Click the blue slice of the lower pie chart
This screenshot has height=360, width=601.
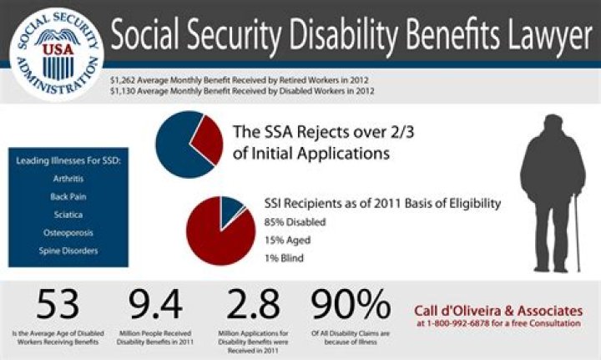229,210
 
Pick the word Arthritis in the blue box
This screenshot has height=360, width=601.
68,176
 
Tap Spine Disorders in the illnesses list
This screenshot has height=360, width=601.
68,250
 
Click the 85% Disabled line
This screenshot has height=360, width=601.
295,222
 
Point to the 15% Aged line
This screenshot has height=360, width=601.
287,240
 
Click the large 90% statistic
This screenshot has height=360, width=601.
351,307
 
